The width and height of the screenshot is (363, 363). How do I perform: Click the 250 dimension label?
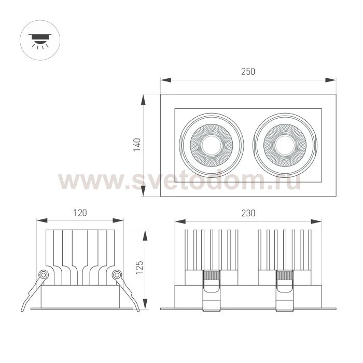248,72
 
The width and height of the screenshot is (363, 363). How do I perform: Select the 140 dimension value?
137,145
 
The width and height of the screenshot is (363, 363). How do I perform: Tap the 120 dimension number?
80,213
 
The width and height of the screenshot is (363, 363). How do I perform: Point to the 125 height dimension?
139,268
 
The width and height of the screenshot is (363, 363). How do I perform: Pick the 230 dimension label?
248,213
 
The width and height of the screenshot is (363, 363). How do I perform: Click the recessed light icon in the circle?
40,41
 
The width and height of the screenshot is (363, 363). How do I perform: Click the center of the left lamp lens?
212,145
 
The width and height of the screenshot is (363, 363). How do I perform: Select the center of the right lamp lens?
285,145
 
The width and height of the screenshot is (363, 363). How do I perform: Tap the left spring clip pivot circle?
43,275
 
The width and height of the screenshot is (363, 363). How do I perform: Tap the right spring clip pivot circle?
117,275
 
